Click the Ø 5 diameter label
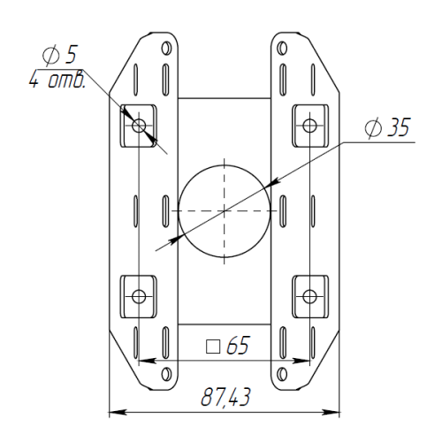[x=59, y=55]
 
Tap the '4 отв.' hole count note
[x=57, y=80]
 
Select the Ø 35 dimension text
[x=387, y=127]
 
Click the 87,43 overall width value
[x=225, y=397]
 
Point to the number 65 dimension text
[x=238, y=345]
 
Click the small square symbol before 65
[x=213, y=347]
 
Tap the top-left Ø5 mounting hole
[x=139, y=126]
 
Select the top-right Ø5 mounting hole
[x=309, y=126]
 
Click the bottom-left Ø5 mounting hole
[x=139, y=296]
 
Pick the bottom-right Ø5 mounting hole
[x=309, y=296]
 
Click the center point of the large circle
[x=225, y=210]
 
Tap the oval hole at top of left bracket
[x=166, y=48]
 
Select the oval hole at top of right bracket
[x=282, y=48]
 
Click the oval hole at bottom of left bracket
[x=166, y=374]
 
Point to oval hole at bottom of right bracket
[x=282, y=374]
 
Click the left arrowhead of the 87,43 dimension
[x=118, y=412]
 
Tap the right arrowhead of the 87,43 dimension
[x=331, y=412]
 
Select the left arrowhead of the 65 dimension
[x=147, y=361]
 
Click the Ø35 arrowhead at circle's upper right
[x=272, y=183]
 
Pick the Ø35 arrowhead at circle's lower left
[x=176, y=239]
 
